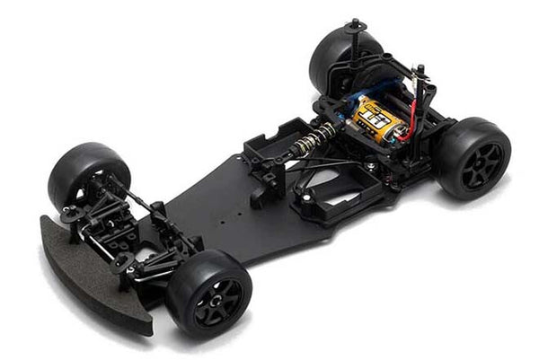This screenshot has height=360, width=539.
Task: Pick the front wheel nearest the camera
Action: click(208, 292)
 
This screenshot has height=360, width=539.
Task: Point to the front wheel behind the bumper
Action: click(87, 174)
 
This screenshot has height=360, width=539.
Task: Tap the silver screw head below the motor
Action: click(370, 167)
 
